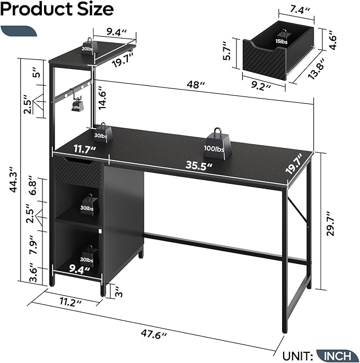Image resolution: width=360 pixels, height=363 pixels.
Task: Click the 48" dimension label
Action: tap(196, 85)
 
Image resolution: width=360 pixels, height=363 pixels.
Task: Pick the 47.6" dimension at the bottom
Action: tap(154, 334)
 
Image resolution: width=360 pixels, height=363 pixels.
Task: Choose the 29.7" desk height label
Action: tap(331, 224)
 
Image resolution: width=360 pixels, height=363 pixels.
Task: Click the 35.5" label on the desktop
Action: tap(199, 166)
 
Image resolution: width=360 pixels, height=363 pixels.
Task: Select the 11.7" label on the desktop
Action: tap(85, 149)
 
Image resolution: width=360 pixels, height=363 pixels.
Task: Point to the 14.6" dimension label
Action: tap(102, 98)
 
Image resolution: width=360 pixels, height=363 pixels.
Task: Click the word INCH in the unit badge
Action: tap(337, 356)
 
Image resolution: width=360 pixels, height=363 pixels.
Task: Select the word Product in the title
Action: tap(37, 9)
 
